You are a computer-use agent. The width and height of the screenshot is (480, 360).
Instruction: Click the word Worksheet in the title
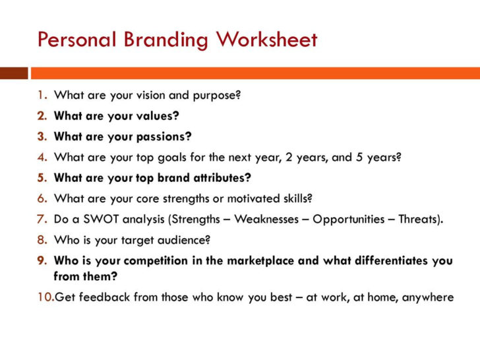(266, 40)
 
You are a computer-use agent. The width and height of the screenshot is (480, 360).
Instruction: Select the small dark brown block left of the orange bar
(14, 73)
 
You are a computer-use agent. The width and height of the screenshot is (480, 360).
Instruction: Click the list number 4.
(42, 157)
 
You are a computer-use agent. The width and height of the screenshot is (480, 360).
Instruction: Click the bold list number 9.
(42, 260)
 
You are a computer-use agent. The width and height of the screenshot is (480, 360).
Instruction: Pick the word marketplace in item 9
(261, 260)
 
